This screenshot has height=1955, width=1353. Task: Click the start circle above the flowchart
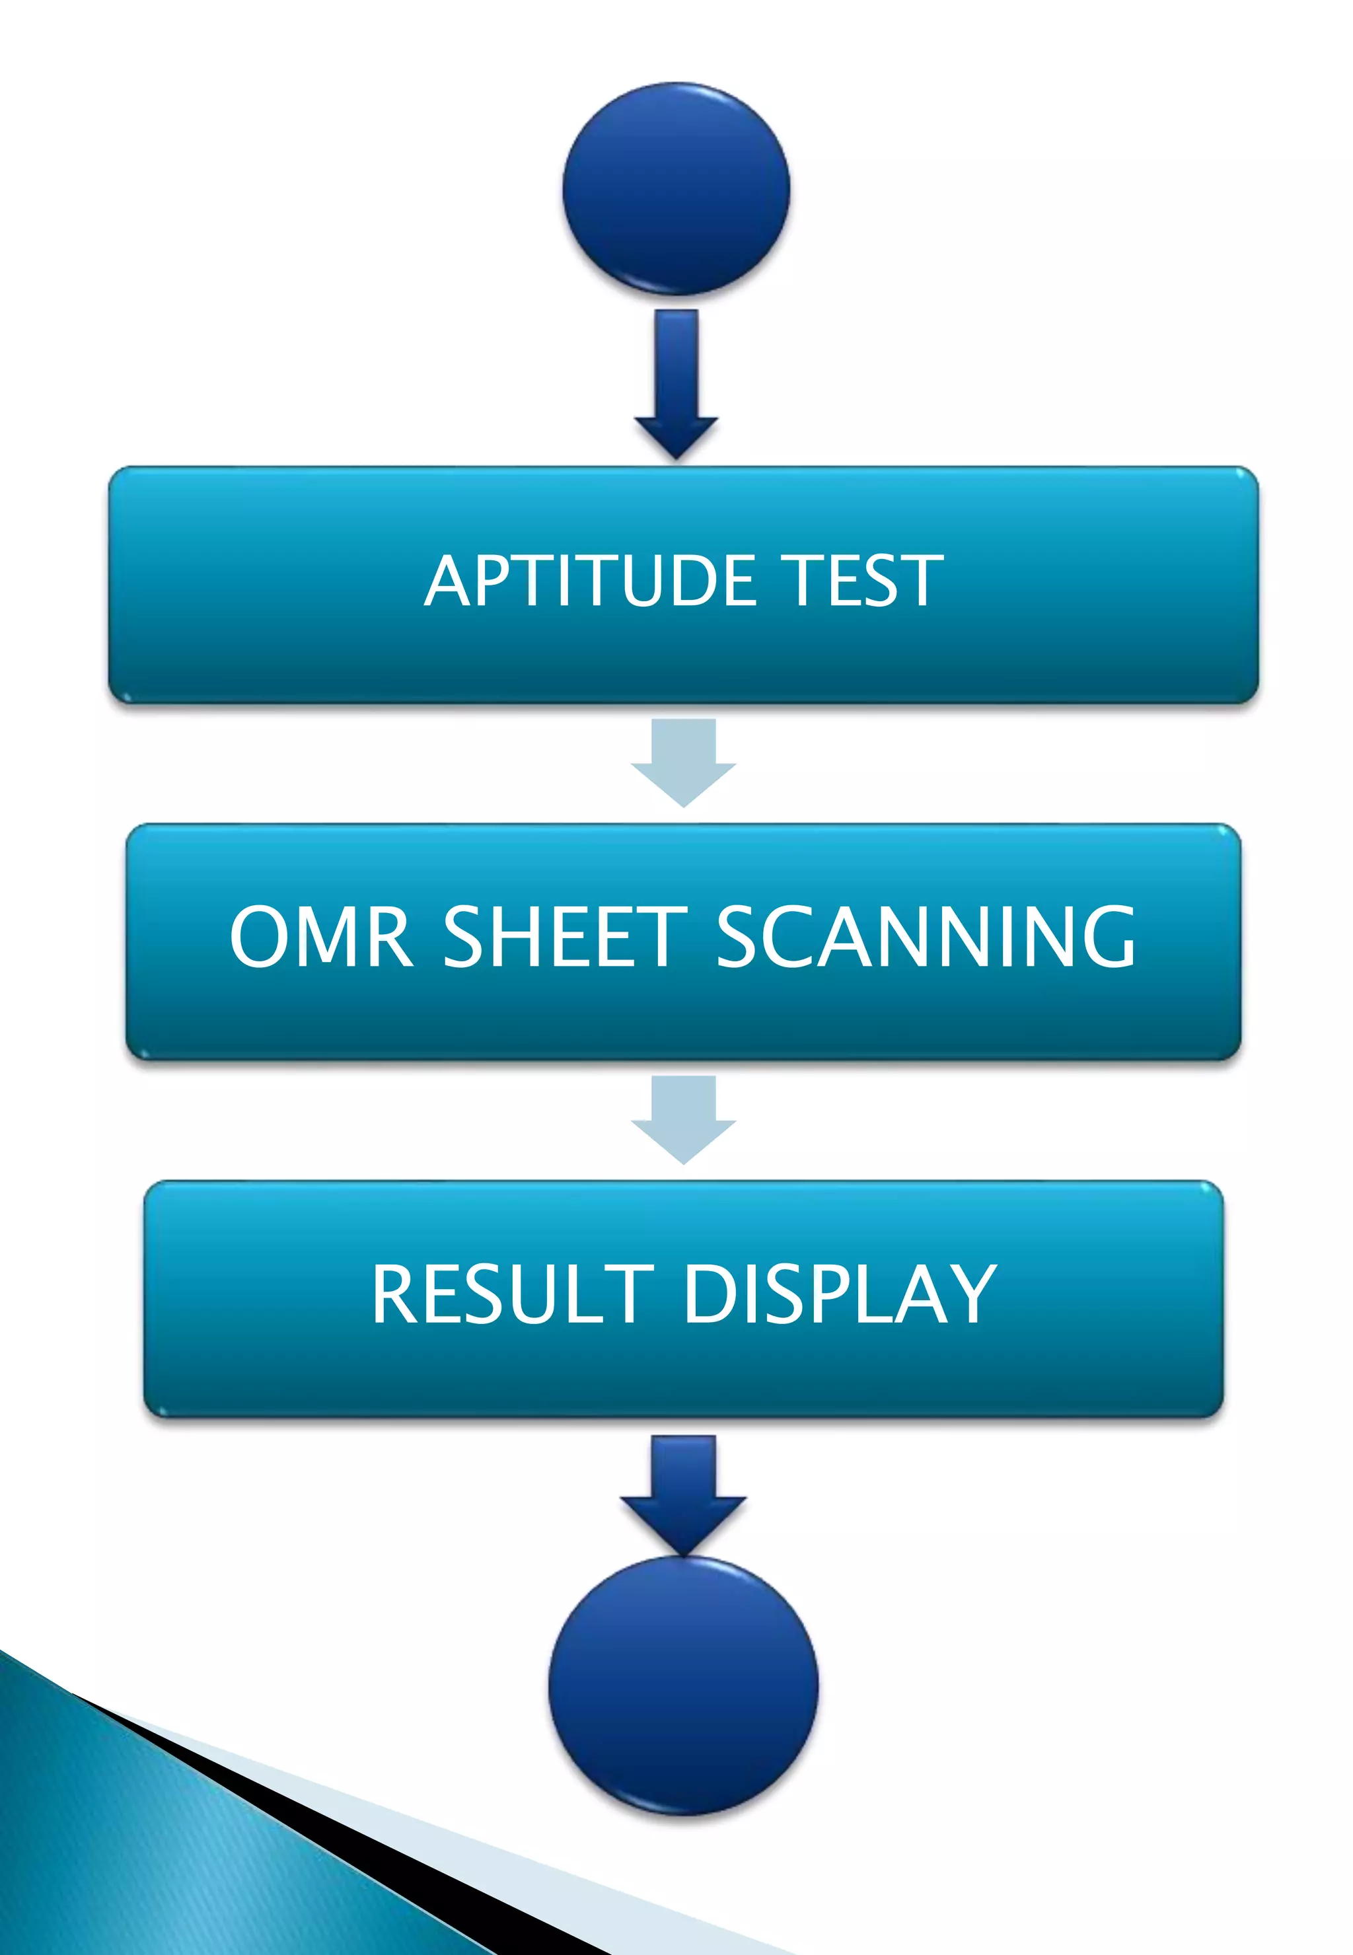[x=676, y=188]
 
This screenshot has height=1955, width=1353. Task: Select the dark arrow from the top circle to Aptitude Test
[x=676, y=381]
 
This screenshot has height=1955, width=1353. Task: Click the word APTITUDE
[x=590, y=581]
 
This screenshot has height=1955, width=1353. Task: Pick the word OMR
[x=320, y=937]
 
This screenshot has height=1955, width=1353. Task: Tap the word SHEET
[x=565, y=937]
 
